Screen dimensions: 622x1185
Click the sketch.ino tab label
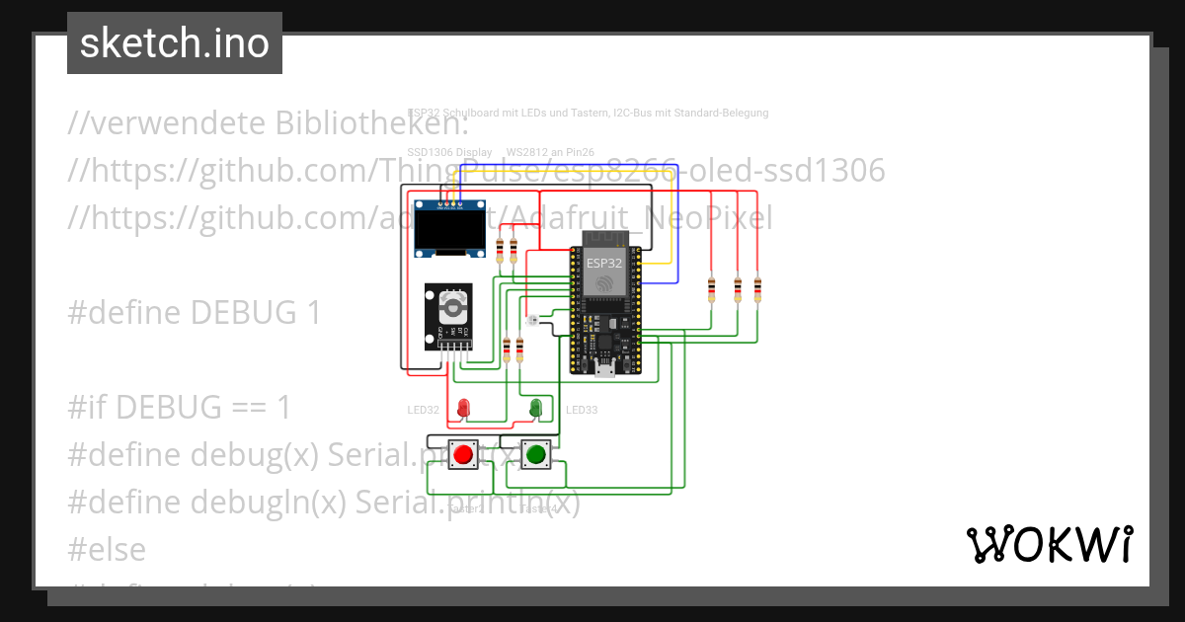pos(175,43)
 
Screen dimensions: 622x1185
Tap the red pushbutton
pos(463,454)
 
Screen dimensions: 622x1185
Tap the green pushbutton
pos(535,454)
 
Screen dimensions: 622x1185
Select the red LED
pos(463,406)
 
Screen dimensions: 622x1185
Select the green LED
pos(536,406)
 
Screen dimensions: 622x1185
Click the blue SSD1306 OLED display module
pos(450,228)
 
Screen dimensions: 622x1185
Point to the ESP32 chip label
pos(604,264)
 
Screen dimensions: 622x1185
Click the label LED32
pos(423,410)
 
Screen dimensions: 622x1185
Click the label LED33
pos(582,410)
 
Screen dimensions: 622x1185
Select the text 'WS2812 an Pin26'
pos(550,153)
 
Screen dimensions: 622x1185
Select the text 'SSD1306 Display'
pos(449,153)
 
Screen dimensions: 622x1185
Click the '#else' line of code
pos(107,549)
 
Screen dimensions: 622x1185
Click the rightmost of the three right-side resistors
pos(757,289)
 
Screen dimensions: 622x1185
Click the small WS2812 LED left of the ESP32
pos(533,320)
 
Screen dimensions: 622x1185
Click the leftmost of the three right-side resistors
pos(712,289)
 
